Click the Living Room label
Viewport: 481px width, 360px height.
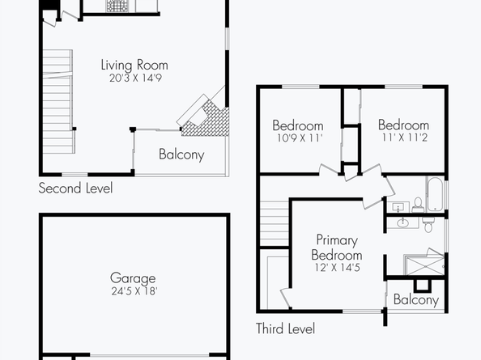tap(134, 65)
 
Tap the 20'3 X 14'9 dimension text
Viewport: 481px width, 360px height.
tap(135, 78)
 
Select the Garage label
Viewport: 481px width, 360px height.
tap(133, 278)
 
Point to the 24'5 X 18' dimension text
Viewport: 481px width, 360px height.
tap(134, 291)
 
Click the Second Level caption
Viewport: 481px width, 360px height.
tap(75, 188)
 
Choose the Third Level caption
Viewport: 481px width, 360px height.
tap(285, 328)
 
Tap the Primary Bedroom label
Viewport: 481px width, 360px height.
tap(337, 248)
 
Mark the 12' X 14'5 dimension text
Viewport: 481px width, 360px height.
tap(337, 268)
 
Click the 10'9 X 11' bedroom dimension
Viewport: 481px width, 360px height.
tap(300, 138)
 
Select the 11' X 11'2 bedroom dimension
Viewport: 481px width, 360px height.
tap(405, 138)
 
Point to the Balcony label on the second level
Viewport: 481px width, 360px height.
tap(181, 155)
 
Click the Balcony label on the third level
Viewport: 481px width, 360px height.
tap(416, 299)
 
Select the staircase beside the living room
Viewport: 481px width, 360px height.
tap(58, 101)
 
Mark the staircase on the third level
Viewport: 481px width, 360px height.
tap(275, 223)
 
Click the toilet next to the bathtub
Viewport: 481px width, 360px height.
tap(418, 205)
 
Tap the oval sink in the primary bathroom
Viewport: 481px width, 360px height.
tap(402, 222)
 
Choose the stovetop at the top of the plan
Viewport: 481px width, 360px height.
tap(117, 6)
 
